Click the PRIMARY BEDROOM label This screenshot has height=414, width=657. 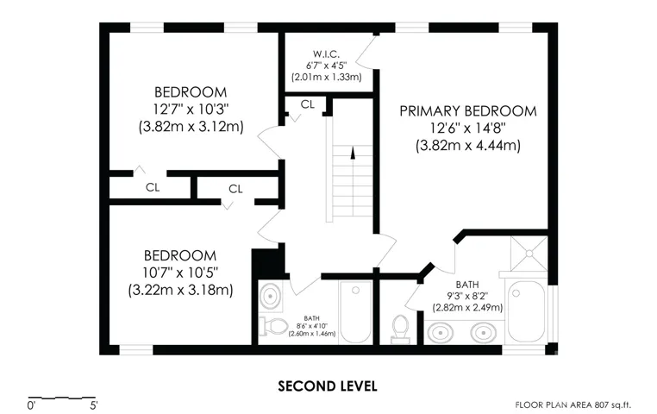pos(468,111)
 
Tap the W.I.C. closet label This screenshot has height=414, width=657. pos(326,54)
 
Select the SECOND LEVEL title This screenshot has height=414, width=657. pos(328,386)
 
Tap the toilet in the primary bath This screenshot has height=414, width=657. pos(400,329)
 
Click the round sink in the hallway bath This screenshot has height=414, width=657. pos(270,296)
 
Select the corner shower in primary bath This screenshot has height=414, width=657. pos(529,254)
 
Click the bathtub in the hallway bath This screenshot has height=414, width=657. pos(356,311)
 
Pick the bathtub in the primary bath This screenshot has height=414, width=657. pos(527,310)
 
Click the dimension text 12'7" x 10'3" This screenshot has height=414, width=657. pos(191,110)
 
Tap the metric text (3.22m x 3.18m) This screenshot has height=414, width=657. pos(180,290)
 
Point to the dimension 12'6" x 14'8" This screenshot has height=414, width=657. pos(468,129)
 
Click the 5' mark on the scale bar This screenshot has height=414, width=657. pos(93,405)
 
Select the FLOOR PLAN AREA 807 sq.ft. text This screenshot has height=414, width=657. pos(573,405)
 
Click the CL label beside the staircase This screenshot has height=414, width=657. pos(308,104)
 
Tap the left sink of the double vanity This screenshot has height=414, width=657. pos(440,334)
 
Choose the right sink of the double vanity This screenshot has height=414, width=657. pos(484,334)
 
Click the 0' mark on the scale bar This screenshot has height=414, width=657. pos(31,405)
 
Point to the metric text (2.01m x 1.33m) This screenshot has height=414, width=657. pos(327,77)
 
